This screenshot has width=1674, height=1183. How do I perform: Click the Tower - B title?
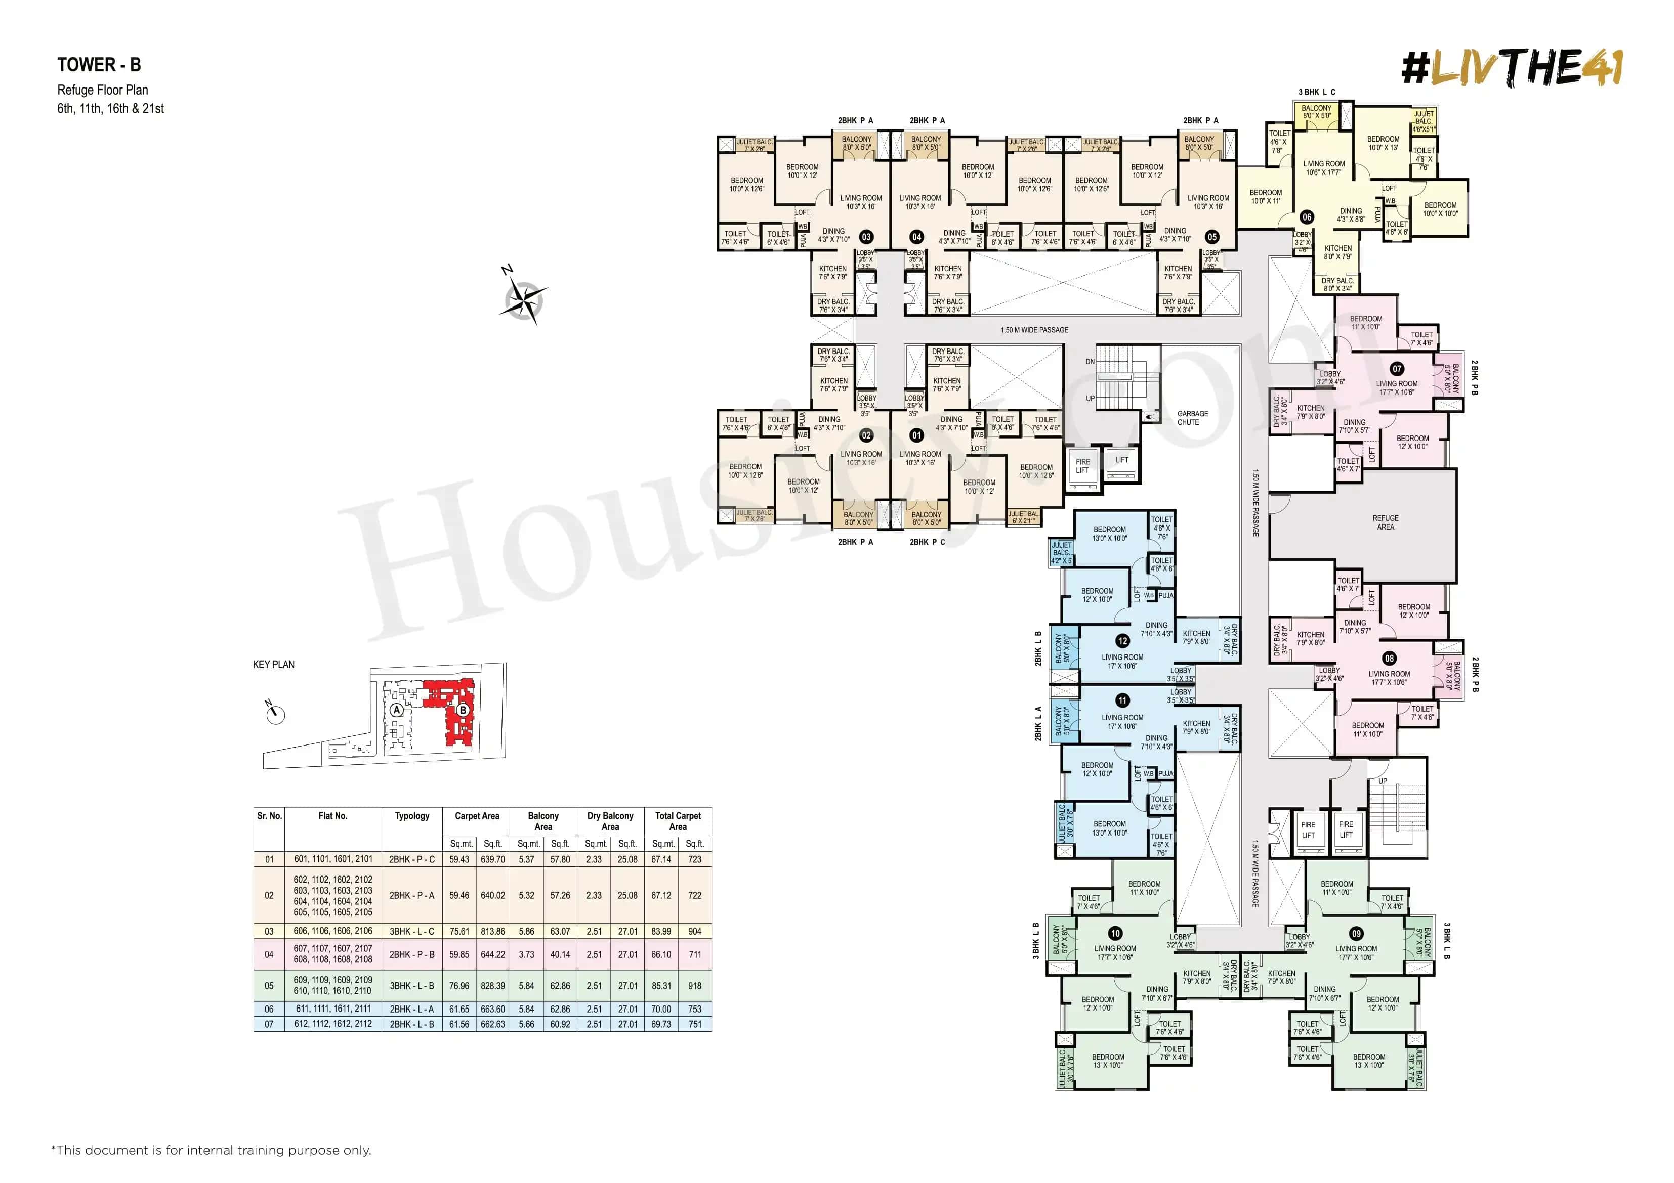click(x=99, y=65)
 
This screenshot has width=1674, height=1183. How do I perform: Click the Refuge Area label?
click(x=1385, y=522)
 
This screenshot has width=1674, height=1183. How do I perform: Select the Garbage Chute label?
click(x=1192, y=418)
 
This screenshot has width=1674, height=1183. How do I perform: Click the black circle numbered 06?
click(x=1307, y=216)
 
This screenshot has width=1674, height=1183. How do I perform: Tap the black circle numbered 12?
click(x=1122, y=641)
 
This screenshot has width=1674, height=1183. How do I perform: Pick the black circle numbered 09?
click(x=1355, y=933)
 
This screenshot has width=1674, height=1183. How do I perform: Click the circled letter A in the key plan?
click(x=397, y=709)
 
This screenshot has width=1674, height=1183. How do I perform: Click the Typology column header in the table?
click(x=412, y=816)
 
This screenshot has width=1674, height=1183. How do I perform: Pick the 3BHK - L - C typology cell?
click(x=412, y=931)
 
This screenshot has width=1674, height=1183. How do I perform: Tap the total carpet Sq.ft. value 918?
click(x=694, y=985)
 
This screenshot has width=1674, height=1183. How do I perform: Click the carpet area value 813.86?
click(x=493, y=931)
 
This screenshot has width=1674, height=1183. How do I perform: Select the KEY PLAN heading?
click(x=273, y=664)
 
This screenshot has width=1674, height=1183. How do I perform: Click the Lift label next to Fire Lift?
click(x=1121, y=460)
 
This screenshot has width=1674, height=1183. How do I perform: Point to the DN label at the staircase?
click(x=1090, y=362)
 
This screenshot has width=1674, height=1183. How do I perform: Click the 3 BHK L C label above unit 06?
click(x=1317, y=93)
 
